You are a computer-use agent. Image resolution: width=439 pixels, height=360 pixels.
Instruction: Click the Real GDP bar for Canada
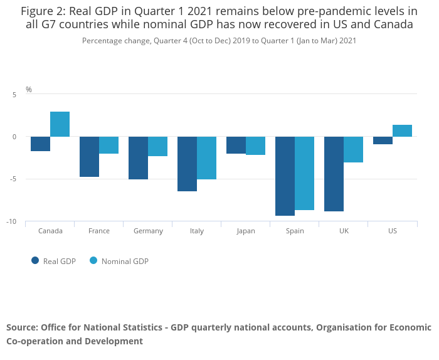(41, 144)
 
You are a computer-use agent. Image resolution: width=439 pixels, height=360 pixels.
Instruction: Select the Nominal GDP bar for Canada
(60, 124)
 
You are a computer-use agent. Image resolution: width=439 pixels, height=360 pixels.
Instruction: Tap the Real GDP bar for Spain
(285, 176)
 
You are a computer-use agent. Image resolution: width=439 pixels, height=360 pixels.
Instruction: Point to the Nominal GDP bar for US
(402, 130)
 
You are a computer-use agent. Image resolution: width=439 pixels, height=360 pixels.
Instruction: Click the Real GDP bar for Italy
(187, 164)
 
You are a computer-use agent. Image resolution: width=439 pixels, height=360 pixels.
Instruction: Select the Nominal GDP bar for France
(109, 145)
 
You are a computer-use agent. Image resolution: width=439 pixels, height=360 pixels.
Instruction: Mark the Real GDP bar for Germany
(138, 158)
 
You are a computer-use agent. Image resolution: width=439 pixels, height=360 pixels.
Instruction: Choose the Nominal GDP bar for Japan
(255, 146)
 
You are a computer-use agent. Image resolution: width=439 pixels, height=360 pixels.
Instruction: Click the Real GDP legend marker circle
(35, 261)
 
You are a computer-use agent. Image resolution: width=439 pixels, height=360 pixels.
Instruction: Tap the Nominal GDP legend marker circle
(93, 261)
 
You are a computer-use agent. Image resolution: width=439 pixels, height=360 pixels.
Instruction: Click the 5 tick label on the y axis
(14, 94)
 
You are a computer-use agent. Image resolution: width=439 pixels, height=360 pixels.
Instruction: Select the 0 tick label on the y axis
(14, 137)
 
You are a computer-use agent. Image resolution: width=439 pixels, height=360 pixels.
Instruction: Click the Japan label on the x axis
(246, 231)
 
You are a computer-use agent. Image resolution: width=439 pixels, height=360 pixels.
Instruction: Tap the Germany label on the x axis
(148, 231)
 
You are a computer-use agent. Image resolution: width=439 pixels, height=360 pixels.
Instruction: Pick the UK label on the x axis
(344, 231)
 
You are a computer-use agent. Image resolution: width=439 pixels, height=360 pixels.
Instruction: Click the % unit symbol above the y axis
(29, 90)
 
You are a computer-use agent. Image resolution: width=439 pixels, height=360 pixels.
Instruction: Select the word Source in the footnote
(21, 327)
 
